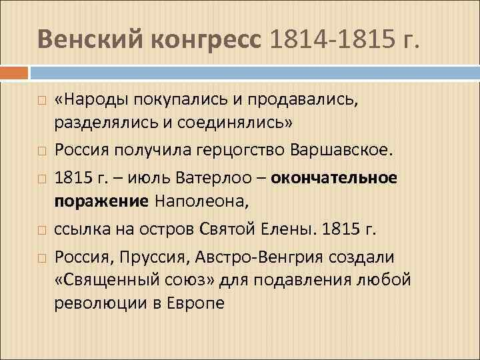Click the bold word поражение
[x=103, y=202]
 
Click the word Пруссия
[x=148, y=256]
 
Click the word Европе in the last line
[x=196, y=303]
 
